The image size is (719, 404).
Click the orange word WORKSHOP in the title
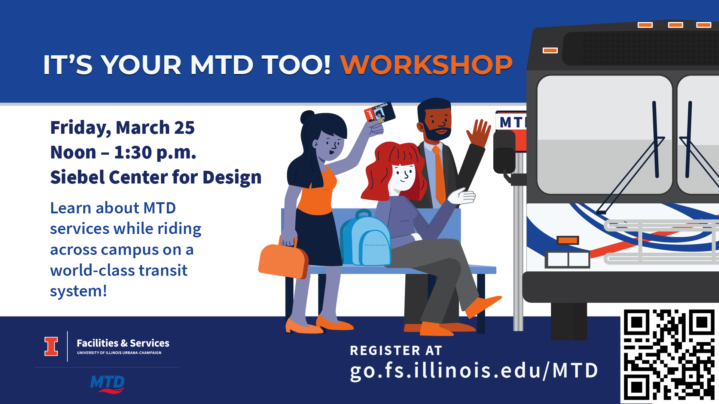coord(426,65)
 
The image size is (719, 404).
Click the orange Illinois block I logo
coord(51,346)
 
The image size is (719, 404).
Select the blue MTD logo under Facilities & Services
coord(107,384)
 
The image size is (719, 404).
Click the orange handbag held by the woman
coord(283,260)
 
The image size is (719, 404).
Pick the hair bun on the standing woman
coord(307,117)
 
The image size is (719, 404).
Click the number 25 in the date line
coord(184,128)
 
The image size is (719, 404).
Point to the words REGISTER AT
coord(396,351)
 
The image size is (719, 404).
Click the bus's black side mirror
coord(504,151)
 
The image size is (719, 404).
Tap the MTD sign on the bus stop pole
coord(511,122)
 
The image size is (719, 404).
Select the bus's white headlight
coord(567,259)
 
